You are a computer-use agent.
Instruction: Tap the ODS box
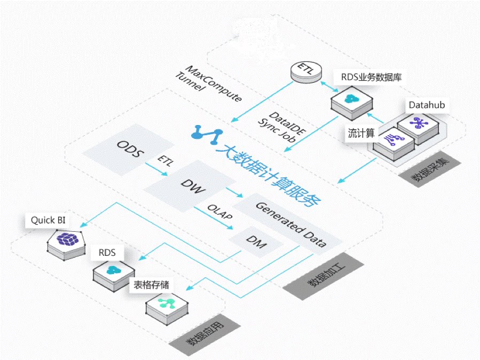coord(130,150)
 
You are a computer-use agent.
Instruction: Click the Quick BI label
coord(45,220)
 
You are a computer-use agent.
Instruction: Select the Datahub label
coord(427,105)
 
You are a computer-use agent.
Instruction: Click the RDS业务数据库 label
coord(371,77)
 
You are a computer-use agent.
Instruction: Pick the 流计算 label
coord(361,134)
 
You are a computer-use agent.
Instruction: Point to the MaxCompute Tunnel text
coord(208,84)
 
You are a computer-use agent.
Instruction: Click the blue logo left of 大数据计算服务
coord(207,134)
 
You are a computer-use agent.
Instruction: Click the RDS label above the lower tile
coord(107,253)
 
